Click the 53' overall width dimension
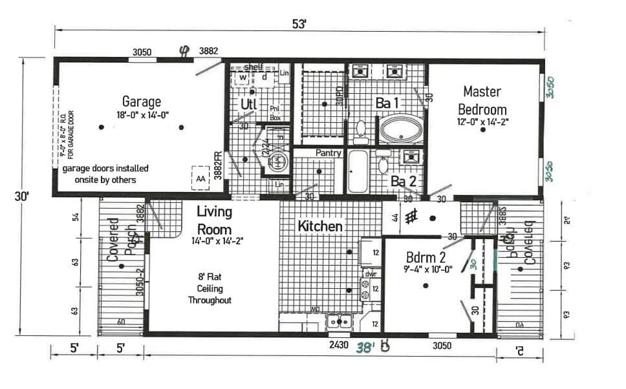click(299, 24)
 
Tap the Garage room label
click(141, 102)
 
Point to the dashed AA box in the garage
click(200, 178)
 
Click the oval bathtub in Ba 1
click(401, 129)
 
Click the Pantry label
click(329, 153)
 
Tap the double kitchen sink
click(339, 321)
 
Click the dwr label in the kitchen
click(370, 273)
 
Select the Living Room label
click(214, 220)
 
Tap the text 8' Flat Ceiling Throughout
click(210, 289)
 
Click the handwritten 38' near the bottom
click(365, 348)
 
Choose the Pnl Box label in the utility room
click(275, 113)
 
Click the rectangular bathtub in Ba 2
click(357, 171)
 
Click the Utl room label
click(249, 104)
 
